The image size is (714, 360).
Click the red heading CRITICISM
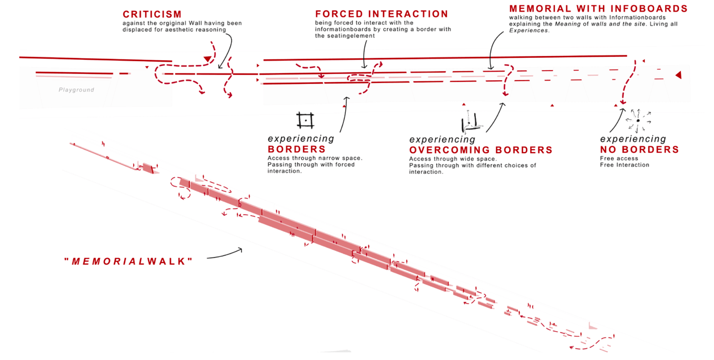[152, 15]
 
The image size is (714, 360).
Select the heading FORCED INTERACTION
[381, 14]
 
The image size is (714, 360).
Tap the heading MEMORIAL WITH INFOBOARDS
[598, 9]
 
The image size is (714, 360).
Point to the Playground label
[76, 90]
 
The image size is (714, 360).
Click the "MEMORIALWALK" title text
[128, 261]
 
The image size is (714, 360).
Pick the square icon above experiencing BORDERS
[305, 120]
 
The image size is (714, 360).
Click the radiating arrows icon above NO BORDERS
[638, 121]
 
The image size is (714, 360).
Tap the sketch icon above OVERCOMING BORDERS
[471, 123]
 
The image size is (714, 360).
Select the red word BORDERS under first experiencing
[296, 149]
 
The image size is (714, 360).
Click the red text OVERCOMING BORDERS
[481, 150]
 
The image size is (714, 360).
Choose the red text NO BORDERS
[639, 150]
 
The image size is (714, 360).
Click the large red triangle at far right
[679, 75]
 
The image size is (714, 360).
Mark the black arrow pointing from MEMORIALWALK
[225, 254]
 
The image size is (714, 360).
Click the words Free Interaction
[624, 165]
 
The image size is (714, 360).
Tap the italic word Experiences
[528, 30]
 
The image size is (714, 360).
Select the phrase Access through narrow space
[315, 158]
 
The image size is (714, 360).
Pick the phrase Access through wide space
[453, 159]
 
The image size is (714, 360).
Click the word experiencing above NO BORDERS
[633, 139]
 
